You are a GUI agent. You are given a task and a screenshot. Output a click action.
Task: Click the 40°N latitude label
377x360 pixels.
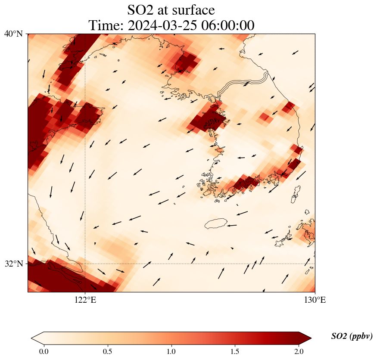[13, 34]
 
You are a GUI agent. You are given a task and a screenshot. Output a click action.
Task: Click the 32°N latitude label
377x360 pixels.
[13, 264]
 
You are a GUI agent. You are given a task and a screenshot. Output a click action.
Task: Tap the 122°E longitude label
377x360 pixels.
[85, 300]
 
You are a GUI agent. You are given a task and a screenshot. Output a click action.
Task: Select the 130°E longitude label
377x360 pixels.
[315, 300]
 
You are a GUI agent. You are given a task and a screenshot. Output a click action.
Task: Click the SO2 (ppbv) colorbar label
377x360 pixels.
[352, 336]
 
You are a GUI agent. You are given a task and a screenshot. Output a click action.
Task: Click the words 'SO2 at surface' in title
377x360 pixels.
[171, 9]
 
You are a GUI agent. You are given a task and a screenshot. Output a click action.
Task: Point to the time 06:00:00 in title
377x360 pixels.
[227, 25]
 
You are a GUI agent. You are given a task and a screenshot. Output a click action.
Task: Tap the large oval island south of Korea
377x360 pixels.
[216, 223]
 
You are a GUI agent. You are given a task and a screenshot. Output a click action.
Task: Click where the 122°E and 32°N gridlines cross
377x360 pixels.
[85, 264]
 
